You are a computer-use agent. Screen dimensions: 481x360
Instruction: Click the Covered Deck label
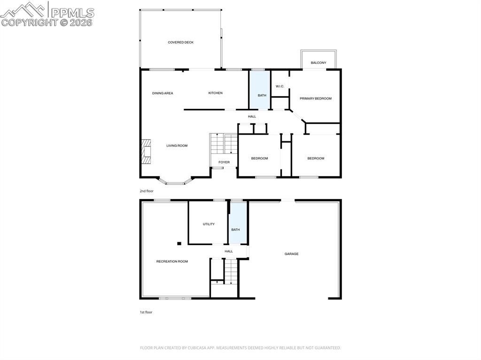point(181,42)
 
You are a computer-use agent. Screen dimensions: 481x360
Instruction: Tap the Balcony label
point(318,62)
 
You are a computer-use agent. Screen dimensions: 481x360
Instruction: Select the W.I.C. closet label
point(280,86)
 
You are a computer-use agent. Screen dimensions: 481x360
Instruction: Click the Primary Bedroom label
point(316,99)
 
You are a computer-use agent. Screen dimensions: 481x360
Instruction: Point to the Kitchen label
point(215,93)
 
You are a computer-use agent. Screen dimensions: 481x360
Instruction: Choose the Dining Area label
point(163,93)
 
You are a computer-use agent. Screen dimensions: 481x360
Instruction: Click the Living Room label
point(177,146)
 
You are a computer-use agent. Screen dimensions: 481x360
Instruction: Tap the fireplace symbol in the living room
point(146,152)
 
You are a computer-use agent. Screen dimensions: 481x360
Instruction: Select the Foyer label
point(224,162)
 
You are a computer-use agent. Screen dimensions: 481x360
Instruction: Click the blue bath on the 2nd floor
point(259,90)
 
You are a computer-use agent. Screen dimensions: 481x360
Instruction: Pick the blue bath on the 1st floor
point(238,222)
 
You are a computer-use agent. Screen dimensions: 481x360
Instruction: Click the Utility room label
point(209,224)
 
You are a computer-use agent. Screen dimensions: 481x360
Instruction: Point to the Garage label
point(291,254)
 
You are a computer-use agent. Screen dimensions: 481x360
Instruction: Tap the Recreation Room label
point(172,261)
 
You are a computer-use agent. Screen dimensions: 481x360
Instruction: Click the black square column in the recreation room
point(179,244)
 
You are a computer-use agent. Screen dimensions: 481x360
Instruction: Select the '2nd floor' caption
point(147,191)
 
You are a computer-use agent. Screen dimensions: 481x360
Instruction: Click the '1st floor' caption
point(146,312)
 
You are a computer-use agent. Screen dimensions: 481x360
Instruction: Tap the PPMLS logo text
point(72,13)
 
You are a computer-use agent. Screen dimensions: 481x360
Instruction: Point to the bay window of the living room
point(175,184)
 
